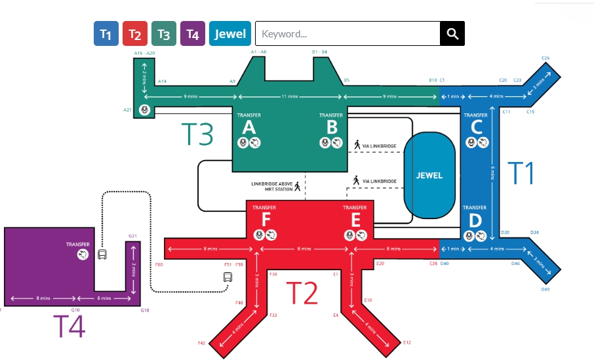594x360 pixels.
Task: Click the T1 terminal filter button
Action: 106,34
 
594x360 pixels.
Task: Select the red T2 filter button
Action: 135,34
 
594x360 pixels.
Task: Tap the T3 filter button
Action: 164,34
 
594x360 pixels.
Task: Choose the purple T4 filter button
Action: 192,34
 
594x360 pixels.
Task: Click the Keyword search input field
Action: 347,34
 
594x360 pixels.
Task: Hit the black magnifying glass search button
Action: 452,34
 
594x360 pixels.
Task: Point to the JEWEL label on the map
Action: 429,175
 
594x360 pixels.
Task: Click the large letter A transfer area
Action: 248,127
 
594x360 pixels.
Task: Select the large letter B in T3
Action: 332,127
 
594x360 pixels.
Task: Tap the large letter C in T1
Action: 477,127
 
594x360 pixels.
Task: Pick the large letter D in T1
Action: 476,220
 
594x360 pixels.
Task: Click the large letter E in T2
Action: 355,220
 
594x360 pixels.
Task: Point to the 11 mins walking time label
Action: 289,96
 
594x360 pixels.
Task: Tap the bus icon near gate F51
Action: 227,277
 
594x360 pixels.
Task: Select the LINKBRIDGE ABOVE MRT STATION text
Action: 271,186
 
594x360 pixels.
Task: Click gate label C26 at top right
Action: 545,58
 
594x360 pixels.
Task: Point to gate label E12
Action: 406,342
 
